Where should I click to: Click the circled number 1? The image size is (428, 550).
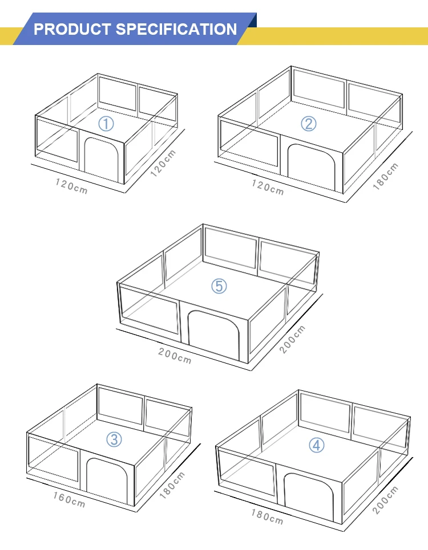(x=107, y=123)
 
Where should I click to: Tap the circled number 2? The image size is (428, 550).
(x=309, y=123)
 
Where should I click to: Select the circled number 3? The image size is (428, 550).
(x=115, y=438)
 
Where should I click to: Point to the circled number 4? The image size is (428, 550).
(x=317, y=445)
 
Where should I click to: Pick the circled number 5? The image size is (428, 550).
(x=219, y=286)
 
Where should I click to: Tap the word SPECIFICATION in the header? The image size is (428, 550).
(x=176, y=29)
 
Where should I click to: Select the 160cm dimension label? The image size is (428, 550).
(x=69, y=499)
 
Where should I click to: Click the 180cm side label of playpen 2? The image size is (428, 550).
(x=385, y=176)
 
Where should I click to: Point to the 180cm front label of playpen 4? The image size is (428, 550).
(x=267, y=516)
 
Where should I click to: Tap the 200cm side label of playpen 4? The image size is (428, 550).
(x=386, y=500)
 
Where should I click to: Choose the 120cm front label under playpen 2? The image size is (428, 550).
(x=268, y=187)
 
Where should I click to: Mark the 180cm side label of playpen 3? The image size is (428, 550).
(x=172, y=486)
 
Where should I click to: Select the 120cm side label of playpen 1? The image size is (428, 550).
(x=163, y=163)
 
